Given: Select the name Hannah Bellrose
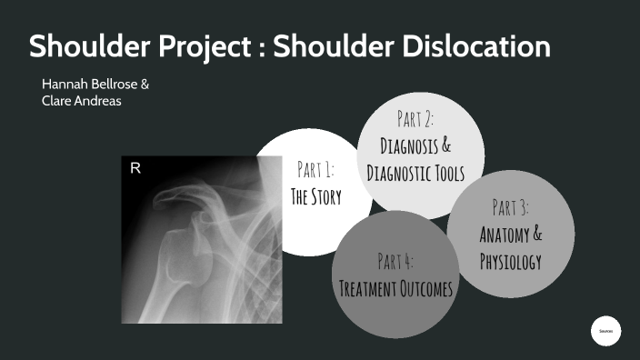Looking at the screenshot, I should tap(89, 84).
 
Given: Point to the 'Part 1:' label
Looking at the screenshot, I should tap(315, 169).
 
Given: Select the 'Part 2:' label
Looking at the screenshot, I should tap(415, 118).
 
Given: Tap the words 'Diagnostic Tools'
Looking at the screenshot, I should tap(415, 173).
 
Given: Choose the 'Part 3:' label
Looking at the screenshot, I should tap(511, 208).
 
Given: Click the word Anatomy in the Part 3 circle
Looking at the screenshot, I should tap(502, 235).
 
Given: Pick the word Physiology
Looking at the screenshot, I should tap(511, 263).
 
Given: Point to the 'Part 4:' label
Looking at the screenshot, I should tap(395, 262).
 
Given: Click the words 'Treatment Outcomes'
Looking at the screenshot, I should tap(395, 289).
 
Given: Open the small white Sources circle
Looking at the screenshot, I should tap(605, 332).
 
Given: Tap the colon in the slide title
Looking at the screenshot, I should tap(286, 47).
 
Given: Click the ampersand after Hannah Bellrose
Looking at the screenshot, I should tap(145, 84).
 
